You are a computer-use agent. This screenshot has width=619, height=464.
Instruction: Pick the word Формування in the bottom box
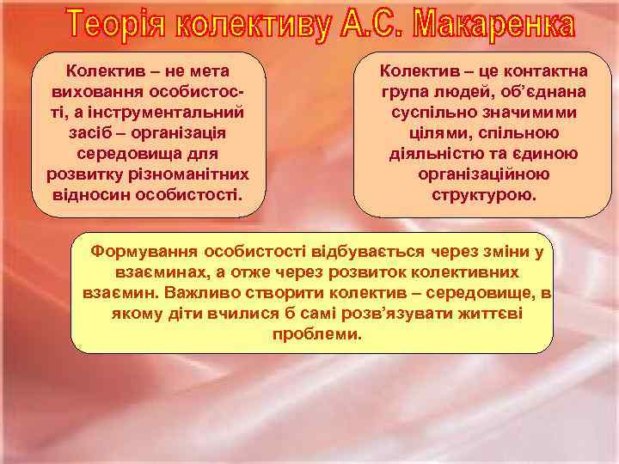pyautogui.click(x=151, y=252)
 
